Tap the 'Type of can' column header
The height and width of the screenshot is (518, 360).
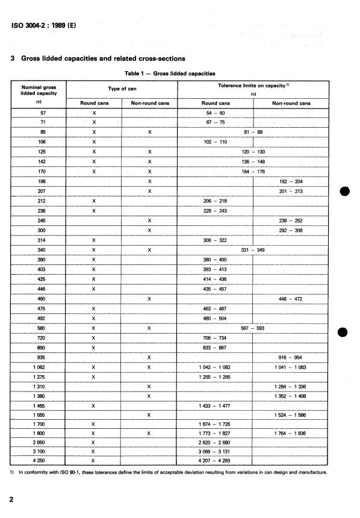pyautogui.click(x=125, y=89)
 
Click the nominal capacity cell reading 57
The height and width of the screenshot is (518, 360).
pyautogui.click(x=42, y=113)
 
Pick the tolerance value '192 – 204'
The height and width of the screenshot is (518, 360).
pyautogui.click(x=291, y=181)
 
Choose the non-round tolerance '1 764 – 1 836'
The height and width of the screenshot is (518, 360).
pyautogui.click(x=291, y=432)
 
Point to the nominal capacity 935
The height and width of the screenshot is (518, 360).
pyautogui.click(x=42, y=357)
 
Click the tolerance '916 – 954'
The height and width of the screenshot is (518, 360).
pyautogui.click(x=291, y=357)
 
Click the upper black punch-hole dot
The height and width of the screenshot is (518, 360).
pyautogui.click(x=344, y=192)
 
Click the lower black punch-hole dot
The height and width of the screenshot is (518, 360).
pyautogui.click(x=344, y=332)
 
